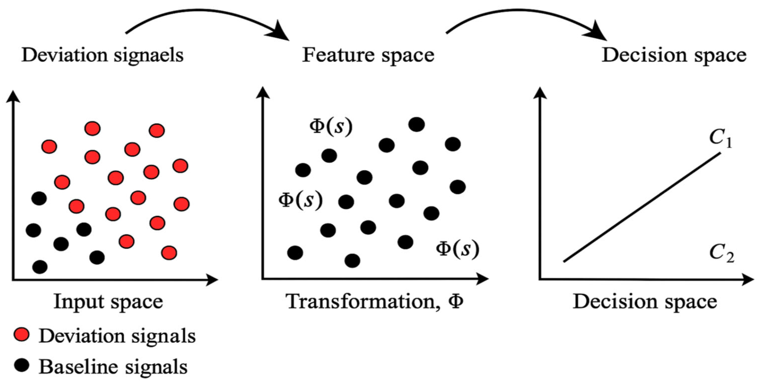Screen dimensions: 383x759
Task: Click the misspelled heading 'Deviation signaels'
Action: click(x=102, y=55)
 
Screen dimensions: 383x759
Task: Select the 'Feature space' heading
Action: click(x=368, y=55)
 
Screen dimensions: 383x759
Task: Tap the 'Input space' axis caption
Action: click(x=108, y=302)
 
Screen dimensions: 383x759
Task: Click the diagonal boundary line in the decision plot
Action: click(x=642, y=207)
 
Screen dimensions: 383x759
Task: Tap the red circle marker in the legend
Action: click(x=21, y=335)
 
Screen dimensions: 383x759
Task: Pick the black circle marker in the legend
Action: click(x=21, y=365)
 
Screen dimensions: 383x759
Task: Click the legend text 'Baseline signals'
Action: click(x=113, y=367)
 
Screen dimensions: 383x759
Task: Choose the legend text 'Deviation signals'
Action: click(x=117, y=336)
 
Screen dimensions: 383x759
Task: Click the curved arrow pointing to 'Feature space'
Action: click(x=206, y=21)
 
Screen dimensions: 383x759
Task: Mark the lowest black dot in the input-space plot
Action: click(x=40, y=267)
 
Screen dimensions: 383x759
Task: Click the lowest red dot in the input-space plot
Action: click(x=169, y=253)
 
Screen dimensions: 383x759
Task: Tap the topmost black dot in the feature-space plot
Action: click(x=416, y=124)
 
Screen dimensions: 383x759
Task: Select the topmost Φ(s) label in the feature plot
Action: click(x=331, y=127)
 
